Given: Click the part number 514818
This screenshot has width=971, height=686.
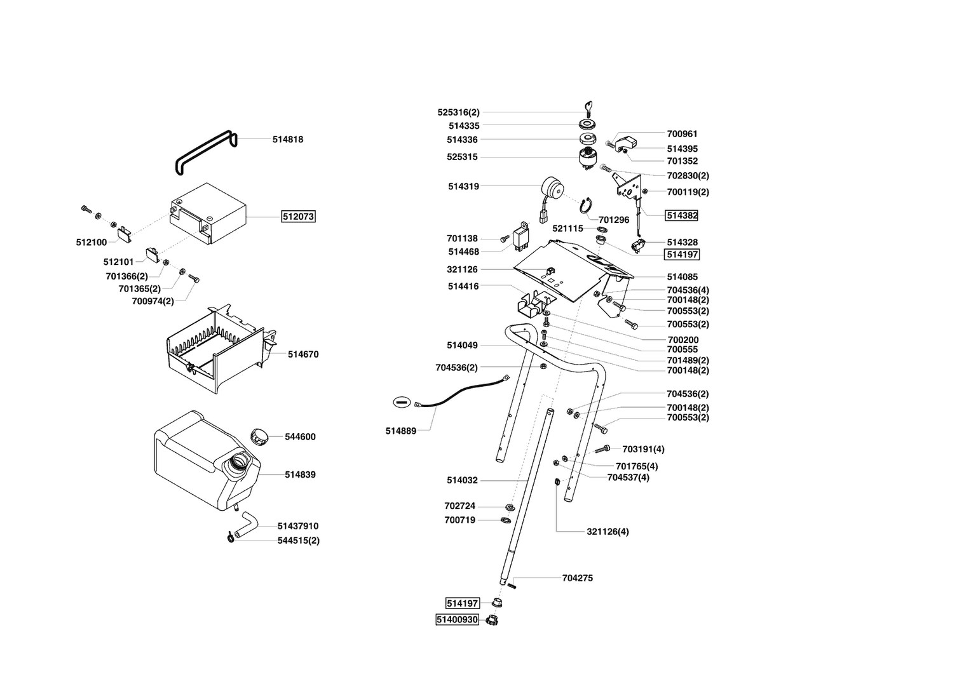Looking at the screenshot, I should pos(288,140).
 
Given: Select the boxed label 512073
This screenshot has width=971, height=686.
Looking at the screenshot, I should pos(298,217).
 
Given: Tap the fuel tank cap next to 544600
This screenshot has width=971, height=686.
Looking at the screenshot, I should pos(259,436).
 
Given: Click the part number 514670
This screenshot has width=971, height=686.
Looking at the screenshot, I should pos(303,354).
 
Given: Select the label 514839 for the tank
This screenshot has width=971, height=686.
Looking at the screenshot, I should pos(300,474).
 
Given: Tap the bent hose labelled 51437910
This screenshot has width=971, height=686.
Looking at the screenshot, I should pos(245,527).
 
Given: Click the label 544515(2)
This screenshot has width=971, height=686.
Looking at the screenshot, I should pos(298,541).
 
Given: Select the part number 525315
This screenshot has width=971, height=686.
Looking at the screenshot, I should pos(462,158).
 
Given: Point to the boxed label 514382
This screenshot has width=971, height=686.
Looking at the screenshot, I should pos(681,216).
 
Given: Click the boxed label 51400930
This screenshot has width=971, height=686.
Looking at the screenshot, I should pos(456,619).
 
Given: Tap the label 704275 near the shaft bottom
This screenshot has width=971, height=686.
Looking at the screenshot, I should pos(578,579).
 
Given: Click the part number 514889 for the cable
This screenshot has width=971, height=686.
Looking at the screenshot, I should pos(400,431).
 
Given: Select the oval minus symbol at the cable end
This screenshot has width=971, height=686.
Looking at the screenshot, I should pos(400,401).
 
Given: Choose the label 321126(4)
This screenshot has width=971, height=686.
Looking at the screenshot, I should pos(608,532).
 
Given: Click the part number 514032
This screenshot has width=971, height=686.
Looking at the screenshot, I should pos(462,481).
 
